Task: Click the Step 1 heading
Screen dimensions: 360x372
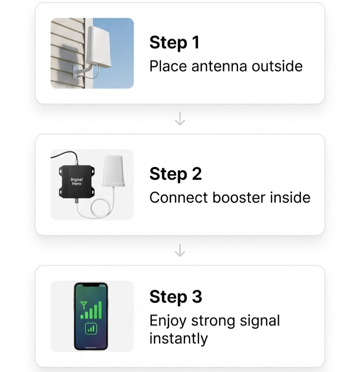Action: (174, 43)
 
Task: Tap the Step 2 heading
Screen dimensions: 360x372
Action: (175, 174)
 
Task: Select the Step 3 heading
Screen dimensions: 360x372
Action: (175, 297)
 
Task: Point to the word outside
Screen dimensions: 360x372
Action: (277, 66)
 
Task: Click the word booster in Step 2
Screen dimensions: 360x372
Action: (239, 197)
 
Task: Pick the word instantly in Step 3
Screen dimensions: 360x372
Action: (178, 338)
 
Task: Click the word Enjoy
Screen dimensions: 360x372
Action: (166, 321)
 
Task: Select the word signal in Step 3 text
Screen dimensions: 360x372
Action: (259, 321)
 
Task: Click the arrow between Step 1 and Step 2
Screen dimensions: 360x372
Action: (180, 120)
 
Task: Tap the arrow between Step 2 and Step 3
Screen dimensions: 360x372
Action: (180, 252)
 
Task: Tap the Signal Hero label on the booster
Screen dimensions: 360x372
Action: (76, 182)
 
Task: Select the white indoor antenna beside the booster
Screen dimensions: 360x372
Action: (113, 172)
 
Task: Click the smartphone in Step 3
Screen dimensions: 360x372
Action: (91, 316)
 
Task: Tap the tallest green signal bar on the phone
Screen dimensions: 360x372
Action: (100, 309)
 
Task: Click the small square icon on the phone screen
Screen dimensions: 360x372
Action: (91, 330)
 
